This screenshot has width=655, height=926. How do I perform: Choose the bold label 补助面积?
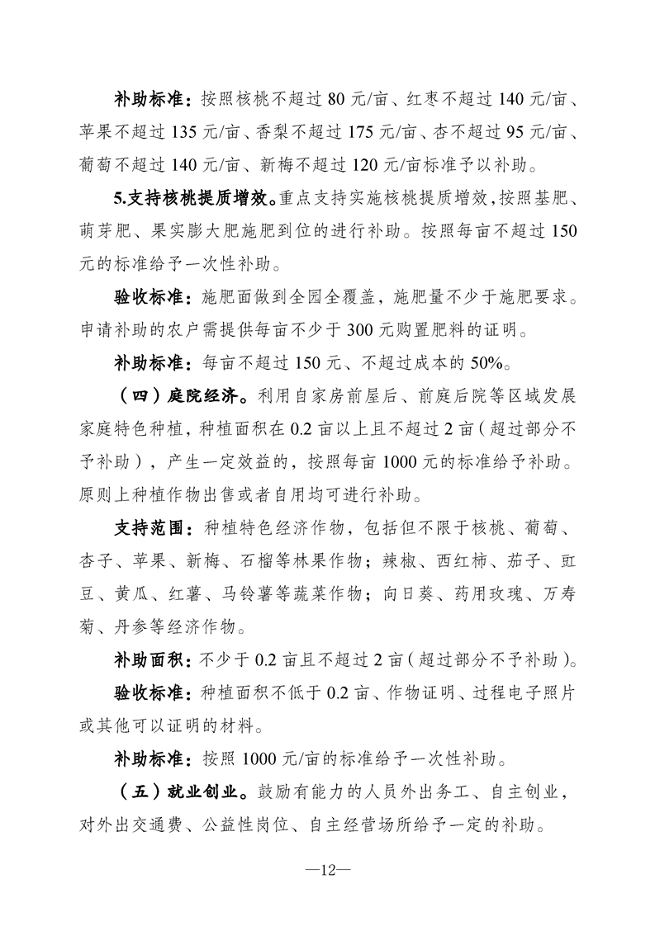(151, 659)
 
